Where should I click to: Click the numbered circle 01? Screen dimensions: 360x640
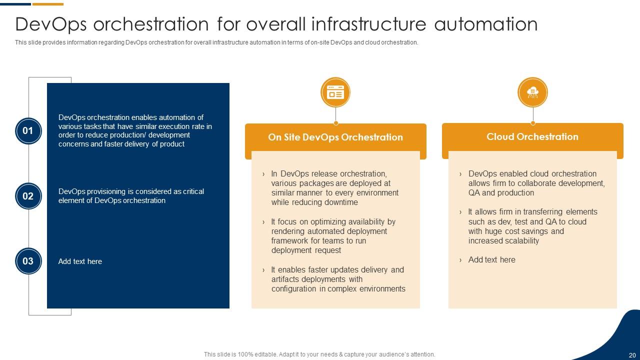click(x=28, y=131)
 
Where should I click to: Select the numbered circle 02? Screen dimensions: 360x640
click(x=28, y=196)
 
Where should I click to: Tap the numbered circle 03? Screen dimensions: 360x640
click(x=28, y=261)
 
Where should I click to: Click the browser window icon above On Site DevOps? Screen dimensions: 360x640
click(x=335, y=92)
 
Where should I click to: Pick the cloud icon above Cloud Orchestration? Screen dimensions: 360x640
click(x=532, y=92)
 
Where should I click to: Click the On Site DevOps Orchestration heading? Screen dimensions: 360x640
click(x=335, y=137)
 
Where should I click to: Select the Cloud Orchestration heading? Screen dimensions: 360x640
click(x=532, y=136)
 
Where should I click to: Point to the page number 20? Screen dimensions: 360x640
click(x=632, y=355)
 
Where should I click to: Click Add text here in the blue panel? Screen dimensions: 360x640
click(x=80, y=261)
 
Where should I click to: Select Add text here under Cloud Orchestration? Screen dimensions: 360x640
click(x=491, y=259)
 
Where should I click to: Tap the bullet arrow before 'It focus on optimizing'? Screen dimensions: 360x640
click(x=263, y=222)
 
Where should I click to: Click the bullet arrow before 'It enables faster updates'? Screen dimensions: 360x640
click(x=263, y=270)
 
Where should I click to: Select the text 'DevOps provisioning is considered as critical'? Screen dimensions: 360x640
click(x=131, y=191)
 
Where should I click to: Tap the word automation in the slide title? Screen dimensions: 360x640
click(x=485, y=24)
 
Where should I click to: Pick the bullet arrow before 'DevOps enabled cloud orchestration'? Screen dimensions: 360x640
click(x=460, y=174)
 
